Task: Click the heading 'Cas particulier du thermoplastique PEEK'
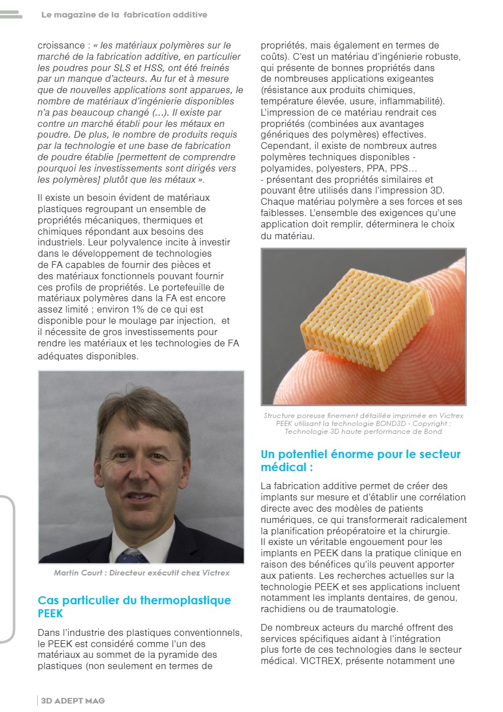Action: (x=134, y=606)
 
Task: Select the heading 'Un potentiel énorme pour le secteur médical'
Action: (x=360, y=460)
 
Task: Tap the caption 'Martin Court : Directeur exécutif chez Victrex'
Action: (x=142, y=573)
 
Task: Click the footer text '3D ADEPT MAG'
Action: (x=73, y=701)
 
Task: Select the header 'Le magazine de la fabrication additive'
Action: (x=124, y=15)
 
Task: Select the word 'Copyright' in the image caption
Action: (x=432, y=424)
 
